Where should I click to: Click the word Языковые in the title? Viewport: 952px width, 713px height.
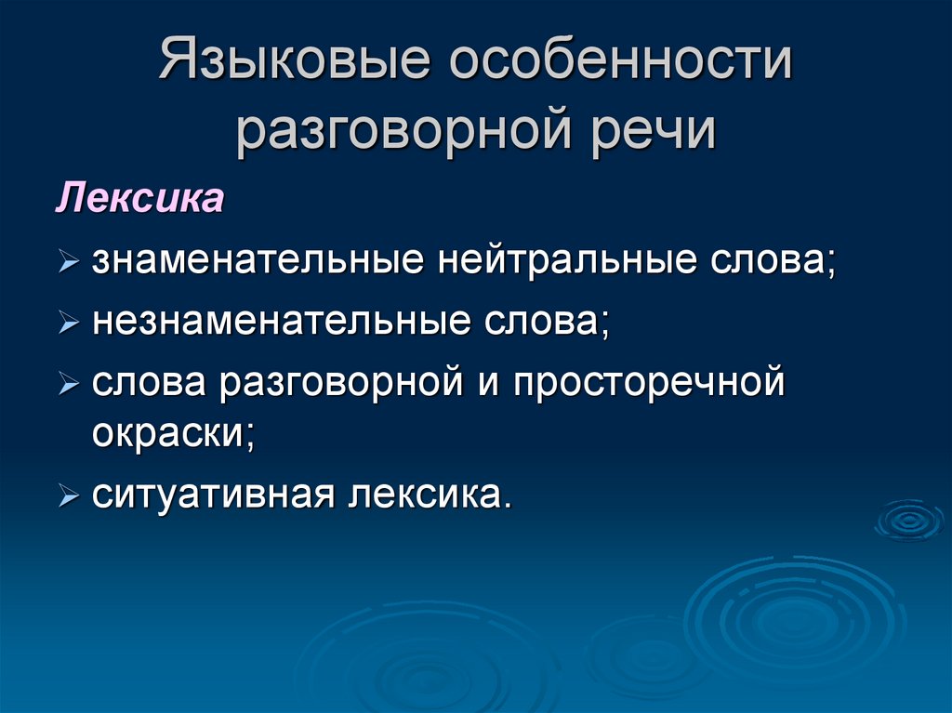click(x=295, y=59)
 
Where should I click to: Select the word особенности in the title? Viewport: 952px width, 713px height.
click(x=620, y=59)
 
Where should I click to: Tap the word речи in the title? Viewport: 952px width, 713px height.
click(x=654, y=129)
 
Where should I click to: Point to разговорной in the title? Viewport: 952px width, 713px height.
click(x=403, y=129)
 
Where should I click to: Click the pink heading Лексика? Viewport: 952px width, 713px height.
click(x=140, y=197)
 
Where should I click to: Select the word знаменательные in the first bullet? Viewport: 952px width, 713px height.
click(x=258, y=260)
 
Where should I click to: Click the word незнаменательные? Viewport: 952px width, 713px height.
click(x=281, y=321)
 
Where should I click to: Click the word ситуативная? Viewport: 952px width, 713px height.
click(x=213, y=495)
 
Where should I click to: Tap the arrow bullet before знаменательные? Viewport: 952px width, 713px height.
click(x=69, y=262)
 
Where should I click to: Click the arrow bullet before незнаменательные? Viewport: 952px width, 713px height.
click(x=69, y=323)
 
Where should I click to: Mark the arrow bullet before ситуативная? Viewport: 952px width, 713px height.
click(x=69, y=496)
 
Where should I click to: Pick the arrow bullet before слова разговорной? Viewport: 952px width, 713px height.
click(x=69, y=384)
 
